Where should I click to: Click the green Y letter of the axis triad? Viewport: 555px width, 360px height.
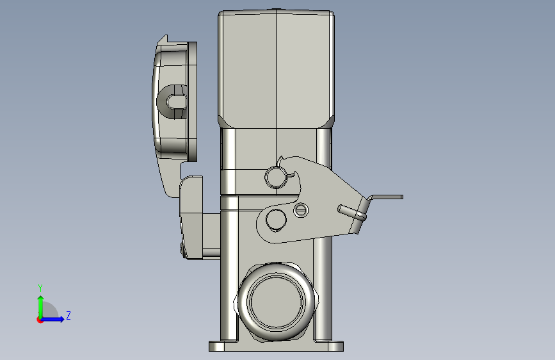[x=40, y=288]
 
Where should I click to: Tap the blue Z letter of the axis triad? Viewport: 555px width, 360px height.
[x=68, y=315]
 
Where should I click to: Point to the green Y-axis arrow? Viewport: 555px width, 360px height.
[x=41, y=306]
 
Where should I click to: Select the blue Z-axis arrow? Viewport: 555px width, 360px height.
[x=53, y=319]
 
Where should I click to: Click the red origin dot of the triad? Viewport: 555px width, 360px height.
[x=40, y=320]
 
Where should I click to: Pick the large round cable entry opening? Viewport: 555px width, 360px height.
[x=276, y=302]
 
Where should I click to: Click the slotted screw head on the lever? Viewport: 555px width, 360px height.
[x=301, y=210]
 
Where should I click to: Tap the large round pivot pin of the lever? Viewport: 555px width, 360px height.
[x=276, y=219]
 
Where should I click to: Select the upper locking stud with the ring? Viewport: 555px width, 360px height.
[x=276, y=177]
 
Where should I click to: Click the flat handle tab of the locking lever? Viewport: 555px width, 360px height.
[x=387, y=197]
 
